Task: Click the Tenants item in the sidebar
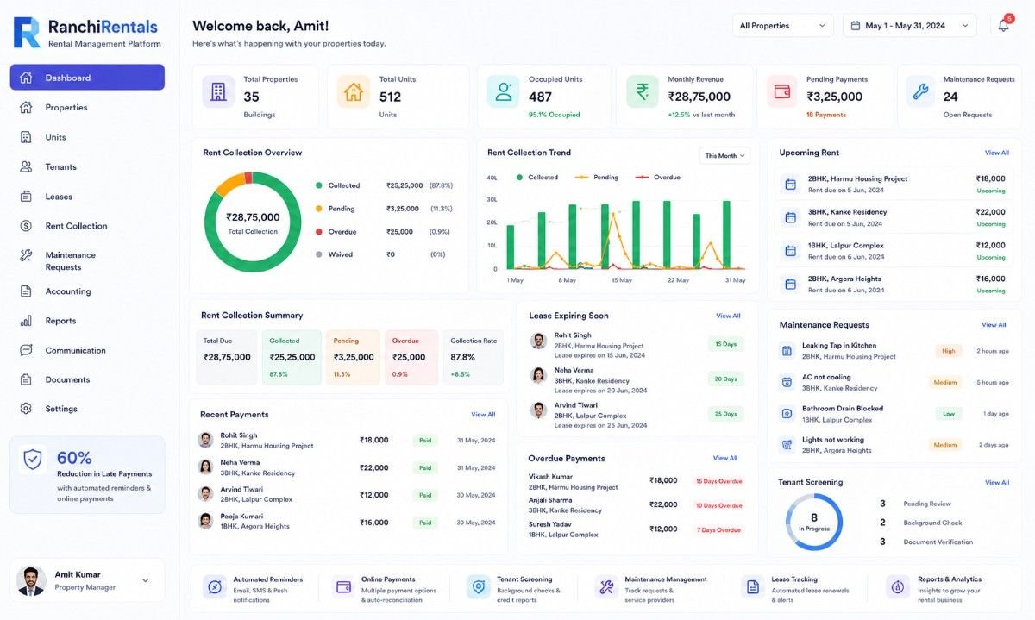pos(60,166)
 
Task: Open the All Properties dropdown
pos(783,26)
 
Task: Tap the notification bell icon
pos(1003,25)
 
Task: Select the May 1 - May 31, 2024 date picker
pos(909,26)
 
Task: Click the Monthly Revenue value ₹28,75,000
pos(699,97)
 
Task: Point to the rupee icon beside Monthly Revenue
pos(643,91)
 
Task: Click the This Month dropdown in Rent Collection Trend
pos(724,156)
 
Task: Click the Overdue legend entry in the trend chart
pos(658,178)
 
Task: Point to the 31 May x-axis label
pos(735,280)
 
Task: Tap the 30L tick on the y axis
pos(492,199)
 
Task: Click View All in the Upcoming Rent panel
pos(997,153)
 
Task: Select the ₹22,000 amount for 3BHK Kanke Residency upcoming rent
pos(990,212)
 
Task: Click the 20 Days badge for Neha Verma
pos(725,379)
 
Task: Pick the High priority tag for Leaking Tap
pos(948,351)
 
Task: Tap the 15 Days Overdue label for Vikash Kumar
pos(719,481)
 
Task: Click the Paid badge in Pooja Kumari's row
pos(425,523)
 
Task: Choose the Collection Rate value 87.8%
pos(462,357)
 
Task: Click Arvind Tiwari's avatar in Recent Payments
pos(205,494)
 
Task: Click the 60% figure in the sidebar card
pos(74,458)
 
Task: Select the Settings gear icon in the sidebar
pos(26,409)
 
